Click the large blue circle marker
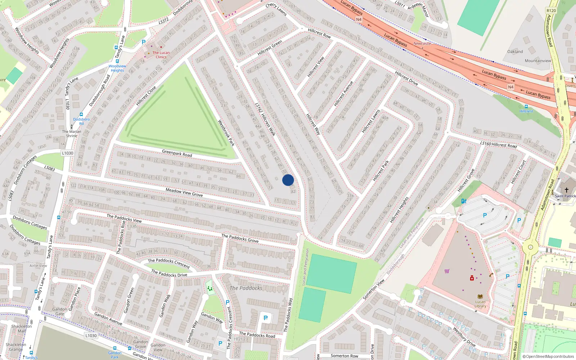pos(288,180)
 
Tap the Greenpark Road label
pos(177,153)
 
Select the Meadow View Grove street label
pos(184,192)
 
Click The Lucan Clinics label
pos(161,55)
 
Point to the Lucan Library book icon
pos(480,297)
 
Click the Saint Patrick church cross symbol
pos(566,190)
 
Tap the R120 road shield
pos(551,10)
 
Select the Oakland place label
pos(515,51)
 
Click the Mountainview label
pos(538,60)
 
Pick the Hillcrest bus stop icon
pos(526,107)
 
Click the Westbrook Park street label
pos(226,133)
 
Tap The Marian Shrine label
pos(72,134)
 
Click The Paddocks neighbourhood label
pos(246,288)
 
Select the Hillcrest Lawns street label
pos(371,121)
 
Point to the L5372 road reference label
pos(163,21)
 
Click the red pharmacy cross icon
pos(472,278)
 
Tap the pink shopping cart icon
pos(447,271)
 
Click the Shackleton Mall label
pos(21,328)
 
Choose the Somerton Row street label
pos(344,356)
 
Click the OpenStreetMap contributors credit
pos(548,356)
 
